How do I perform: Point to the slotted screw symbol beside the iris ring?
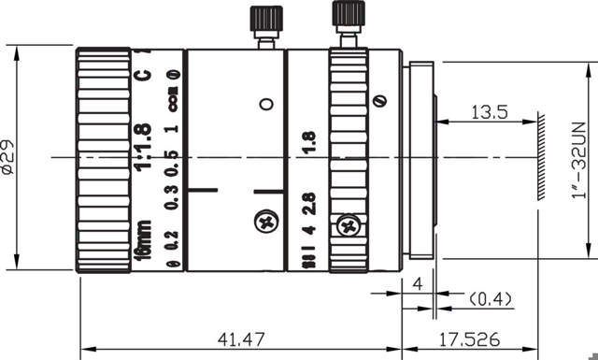click(379, 102)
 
